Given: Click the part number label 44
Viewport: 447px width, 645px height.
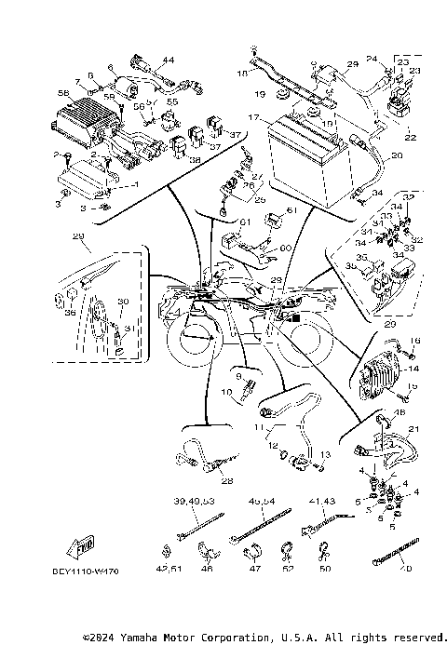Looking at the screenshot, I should point(169,60).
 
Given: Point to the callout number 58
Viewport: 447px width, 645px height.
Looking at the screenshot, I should point(63,94).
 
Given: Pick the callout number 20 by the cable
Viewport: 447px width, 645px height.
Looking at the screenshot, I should point(398,156).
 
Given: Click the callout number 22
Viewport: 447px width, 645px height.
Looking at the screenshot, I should point(409,137).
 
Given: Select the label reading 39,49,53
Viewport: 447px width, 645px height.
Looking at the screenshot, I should point(193,501).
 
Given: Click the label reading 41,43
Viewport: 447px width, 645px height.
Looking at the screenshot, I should point(320,501).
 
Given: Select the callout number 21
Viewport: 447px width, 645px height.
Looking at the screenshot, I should point(413,429).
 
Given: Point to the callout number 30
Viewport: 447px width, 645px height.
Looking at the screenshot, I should point(122,302).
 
